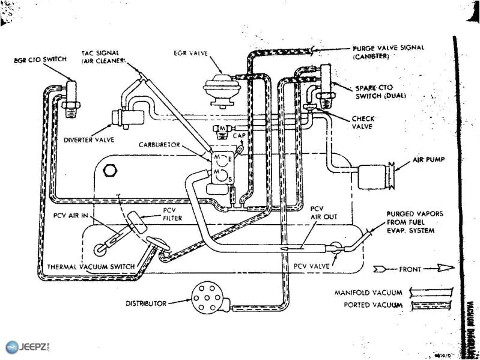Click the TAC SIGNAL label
point(102,56)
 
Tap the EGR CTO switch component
point(71,97)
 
